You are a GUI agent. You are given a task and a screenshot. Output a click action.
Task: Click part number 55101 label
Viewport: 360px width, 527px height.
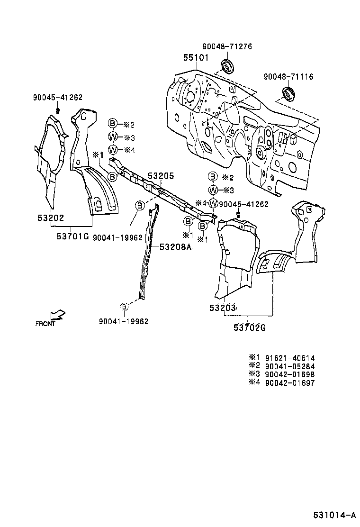tap(196, 58)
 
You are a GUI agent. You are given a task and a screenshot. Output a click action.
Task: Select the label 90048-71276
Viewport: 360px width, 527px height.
tap(227, 46)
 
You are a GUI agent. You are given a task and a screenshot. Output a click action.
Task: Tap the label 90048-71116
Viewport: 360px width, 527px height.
tap(288, 76)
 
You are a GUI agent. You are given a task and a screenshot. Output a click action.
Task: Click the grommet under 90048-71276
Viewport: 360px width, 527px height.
tap(227, 66)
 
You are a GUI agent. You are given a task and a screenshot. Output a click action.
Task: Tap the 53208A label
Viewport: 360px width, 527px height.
tap(175, 246)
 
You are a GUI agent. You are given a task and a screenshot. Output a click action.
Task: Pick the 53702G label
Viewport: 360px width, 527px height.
tap(249, 327)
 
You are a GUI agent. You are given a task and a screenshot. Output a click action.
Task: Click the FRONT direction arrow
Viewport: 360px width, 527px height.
tap(58, 315)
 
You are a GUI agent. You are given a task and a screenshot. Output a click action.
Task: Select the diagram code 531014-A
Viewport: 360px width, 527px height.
tap(334, 514)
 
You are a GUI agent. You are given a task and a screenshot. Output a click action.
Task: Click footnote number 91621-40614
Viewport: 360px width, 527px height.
tap(290, 358)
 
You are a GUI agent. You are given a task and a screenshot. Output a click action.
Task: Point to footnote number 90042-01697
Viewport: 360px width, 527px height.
tap(290, 383)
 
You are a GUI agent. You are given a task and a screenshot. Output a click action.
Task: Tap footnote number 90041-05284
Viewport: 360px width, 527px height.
tap(290, 366)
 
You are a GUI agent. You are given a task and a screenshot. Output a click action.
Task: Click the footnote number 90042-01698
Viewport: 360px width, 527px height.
tap(290, 374)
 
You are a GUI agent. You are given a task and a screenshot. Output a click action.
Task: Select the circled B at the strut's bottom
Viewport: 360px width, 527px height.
tap(124, 308)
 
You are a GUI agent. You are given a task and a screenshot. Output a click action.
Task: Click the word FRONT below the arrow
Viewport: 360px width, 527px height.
tap(45, 325)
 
